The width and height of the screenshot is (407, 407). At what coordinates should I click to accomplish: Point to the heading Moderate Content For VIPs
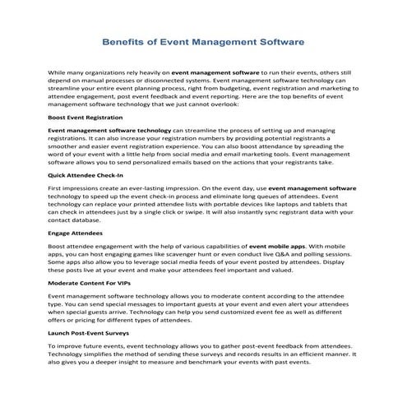(90, 282)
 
